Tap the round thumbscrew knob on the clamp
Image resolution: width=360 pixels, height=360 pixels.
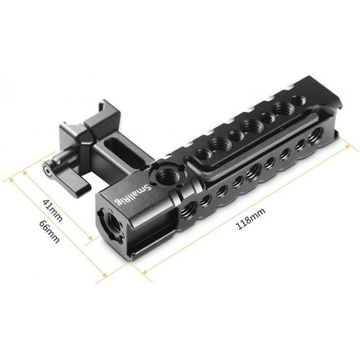tap(50, 168)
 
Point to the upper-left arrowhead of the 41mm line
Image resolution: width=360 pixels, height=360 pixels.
tap(25, 172)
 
